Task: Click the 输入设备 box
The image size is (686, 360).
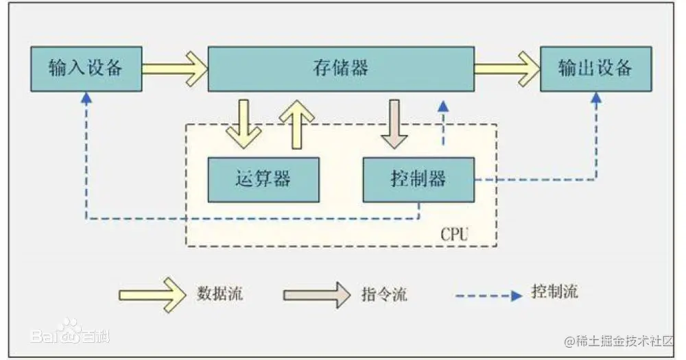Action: pyautogui.click(x=86, y=69)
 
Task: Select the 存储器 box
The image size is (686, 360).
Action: pyautogui.click(x=340, y=69)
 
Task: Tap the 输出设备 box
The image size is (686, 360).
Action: pyautogui.click(x=595, y=69)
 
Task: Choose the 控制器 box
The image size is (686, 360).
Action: pyautogui.click(x=418, y=180)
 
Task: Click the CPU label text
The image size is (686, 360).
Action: pyautogui.click(x=454, y=234)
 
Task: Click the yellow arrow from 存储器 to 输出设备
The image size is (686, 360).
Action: pyautogui.click(x=507, y=69)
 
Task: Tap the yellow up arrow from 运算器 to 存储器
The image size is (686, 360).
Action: pyautogui.click(x=296, y=123)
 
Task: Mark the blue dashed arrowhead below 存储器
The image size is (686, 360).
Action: pyautogui.click(x=444, y=106)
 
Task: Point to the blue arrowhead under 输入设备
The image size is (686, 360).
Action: pyautogui.click(x=86, y=98)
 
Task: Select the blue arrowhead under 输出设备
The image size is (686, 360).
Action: pyautogui.click(x=595, y=98)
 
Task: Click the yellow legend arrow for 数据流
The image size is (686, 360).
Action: pyautogui.click(x=152, y=294)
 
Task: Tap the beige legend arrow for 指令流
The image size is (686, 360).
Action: pyautogui.click(x=316, y=294)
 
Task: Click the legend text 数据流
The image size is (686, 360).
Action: pyautogui.click(x=220, y=294)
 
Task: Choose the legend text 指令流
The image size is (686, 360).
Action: pyautogui.click(x=384, y=294)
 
